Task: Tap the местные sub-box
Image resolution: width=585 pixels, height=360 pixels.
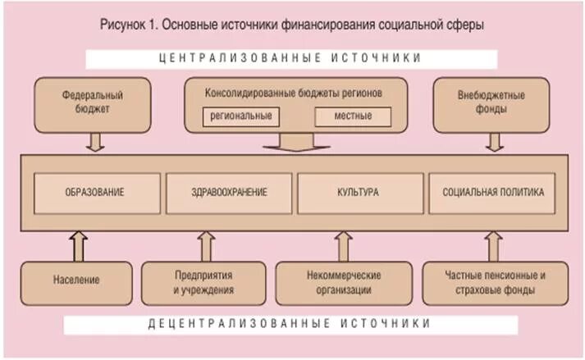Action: pyautogui.click(x=353, y=116)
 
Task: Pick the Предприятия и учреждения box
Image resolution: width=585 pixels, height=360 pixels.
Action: pyautogui.click(x=203, y=282)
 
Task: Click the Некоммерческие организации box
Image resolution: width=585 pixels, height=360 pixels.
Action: pyautogui.click(x=341, y=282)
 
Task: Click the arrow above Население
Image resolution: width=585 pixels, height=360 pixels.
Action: pyautogui.click(x=79, y=244)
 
